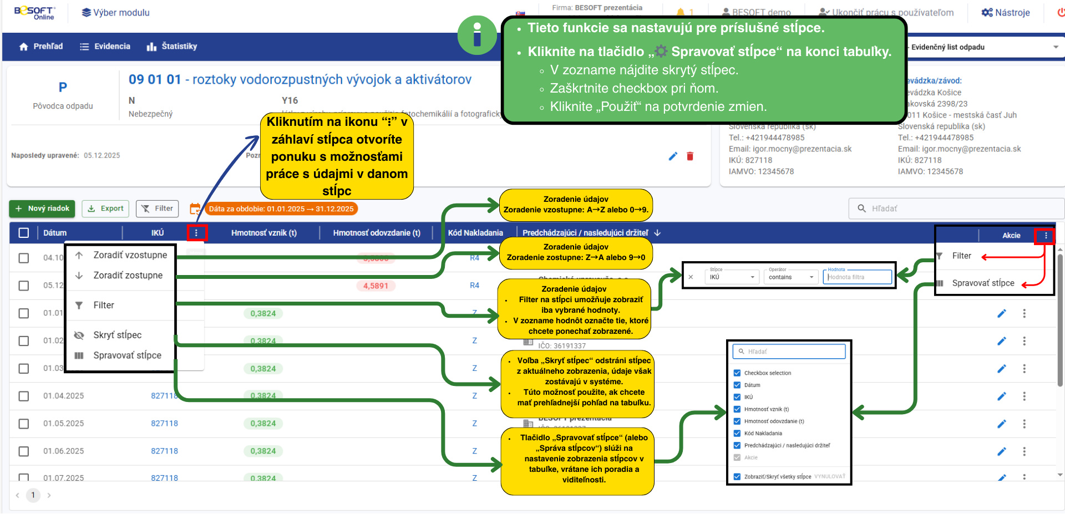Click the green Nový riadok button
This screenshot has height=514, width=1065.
pyautogui.click(x=42, y=208)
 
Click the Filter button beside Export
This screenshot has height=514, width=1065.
pyautogui.click(x=158, y=208)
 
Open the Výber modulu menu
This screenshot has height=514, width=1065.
pyautogui.click(x=116, y=13)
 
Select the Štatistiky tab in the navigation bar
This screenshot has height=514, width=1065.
pyautogui.click(x=172, y=47)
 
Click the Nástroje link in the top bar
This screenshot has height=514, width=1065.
pyautogui.click(x=1006, y=13)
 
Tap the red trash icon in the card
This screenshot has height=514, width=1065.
pyautogui.click(x=690, y=156)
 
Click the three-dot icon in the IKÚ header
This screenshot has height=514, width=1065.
pyautogui.click(x=196, y=233)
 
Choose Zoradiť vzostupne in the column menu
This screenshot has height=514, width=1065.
pyautogui.click(x=130, y=255)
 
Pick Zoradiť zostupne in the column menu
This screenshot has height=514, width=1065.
pyautogui.click(x=128, y=276)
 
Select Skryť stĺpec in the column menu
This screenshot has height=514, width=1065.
pyautogui.click(x=117, y=335)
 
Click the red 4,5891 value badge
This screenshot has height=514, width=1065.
pyautogui.click(x=376, y=286)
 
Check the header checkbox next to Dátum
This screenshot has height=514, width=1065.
pyautogui.click(x=24, y=233)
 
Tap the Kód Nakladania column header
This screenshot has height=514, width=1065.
pyautogui.click(x=475, y=233)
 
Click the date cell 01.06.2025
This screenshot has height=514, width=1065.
pyautogui.click(x=64, y=451)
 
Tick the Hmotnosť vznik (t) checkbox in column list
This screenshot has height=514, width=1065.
pyautogui.click(x=737, y=409)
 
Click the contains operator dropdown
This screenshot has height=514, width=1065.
pyautogui.click(x=791, y=277)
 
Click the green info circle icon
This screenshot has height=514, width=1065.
pyautogui.click(x=476, y=35)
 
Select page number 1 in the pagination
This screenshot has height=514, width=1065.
pyautogui.click(x=33, y=495)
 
